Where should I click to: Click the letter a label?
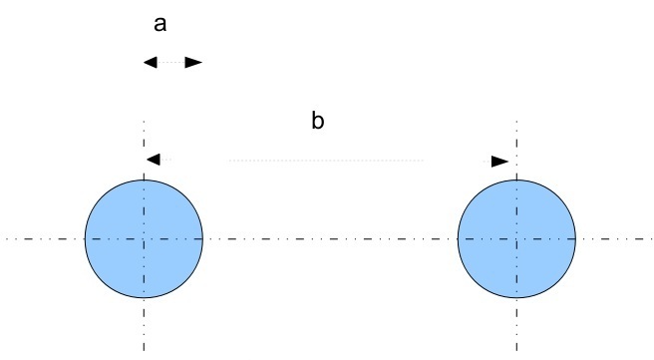click(x=161, y=24)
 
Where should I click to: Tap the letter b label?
click(x=318, y=121)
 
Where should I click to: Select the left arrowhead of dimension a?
click(x=151, y=63)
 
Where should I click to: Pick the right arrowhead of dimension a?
click(x=193, y=63)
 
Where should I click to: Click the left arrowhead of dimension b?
click(x=154, y=160)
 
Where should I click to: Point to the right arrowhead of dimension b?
click(x=499, y=162)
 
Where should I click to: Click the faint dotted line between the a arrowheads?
click(x=171, y=63)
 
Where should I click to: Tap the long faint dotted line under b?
click(x=326, y=161)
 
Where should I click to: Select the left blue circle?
click(x=144, y=239)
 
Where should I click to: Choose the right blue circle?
click(x=516, y=239)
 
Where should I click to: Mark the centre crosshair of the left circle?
click(x=144, y=239)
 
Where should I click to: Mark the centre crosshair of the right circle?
click(x=516, y=239)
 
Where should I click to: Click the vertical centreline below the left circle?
click(x=144, y=324)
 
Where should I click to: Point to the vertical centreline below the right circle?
click(x=516, y=324)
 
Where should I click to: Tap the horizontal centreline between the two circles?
click(x=330, y=239)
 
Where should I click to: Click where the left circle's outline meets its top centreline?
click(x=144, y=180)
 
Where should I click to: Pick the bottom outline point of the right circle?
click(x=516, y=298)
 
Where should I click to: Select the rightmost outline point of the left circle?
click(x=202, y=239)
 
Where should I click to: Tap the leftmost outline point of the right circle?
click(x=458, y=239)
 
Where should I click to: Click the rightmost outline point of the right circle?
click(x=575, y=239)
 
